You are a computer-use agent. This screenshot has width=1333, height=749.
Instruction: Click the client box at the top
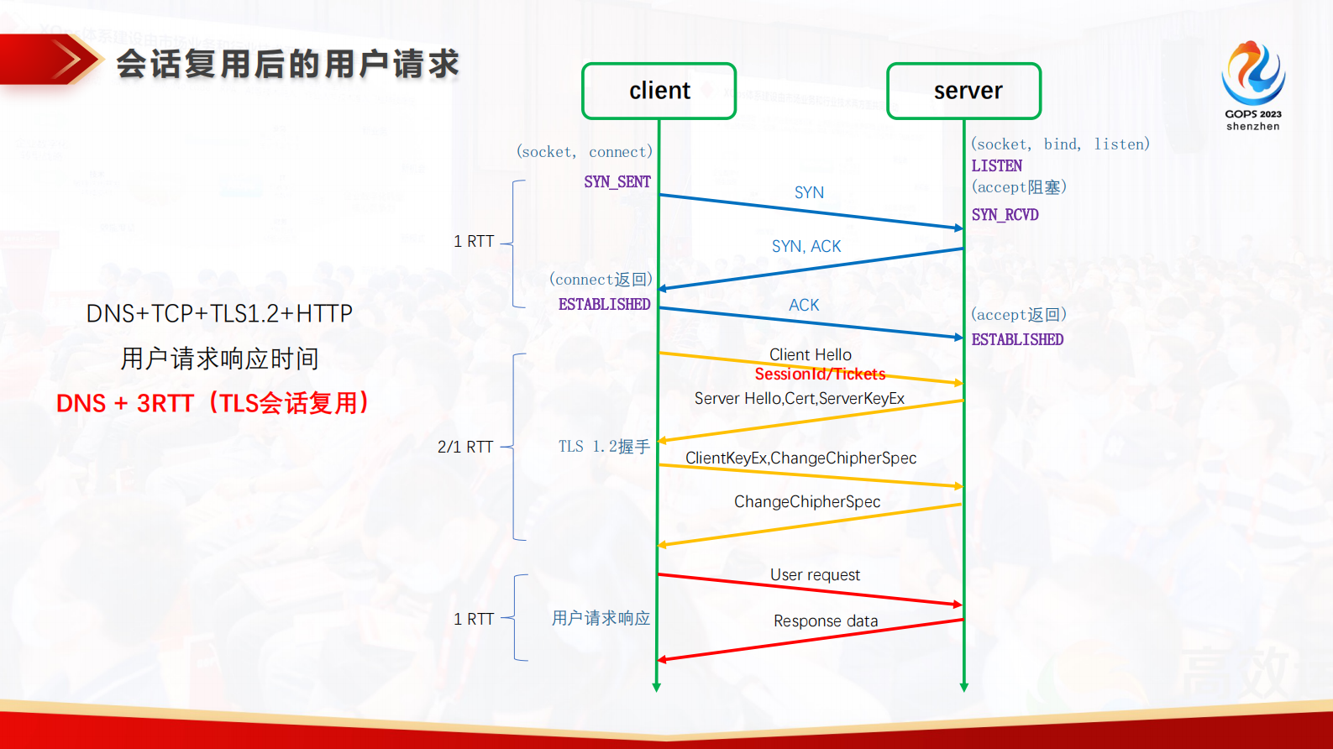click(659, 91)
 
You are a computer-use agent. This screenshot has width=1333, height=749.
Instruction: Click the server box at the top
click(964, 91)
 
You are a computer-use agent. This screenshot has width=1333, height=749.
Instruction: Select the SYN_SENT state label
click(617, 182)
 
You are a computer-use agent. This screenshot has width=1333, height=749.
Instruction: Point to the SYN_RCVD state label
click(1005, 215)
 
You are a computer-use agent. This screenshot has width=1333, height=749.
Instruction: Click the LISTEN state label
click(996, 166)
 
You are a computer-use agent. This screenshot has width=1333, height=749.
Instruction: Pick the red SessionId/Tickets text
click(820, 374)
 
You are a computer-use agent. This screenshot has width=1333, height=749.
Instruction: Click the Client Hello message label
click(811, 354)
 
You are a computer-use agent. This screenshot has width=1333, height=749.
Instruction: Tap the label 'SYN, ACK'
click(806, 246)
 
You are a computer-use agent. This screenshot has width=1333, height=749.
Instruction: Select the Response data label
click(826, 621)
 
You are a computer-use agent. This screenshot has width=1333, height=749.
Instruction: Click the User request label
click(815, 575)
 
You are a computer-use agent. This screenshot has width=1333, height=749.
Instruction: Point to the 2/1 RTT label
click(465, 447)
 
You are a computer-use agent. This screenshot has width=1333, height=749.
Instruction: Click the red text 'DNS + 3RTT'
click(126, 404)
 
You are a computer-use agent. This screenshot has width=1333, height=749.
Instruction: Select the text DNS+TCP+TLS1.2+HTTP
click(219, 314)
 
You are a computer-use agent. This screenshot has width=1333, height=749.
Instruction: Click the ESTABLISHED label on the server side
click(1017, 340)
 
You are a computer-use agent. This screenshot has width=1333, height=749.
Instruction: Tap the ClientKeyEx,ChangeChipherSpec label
click(800, 458)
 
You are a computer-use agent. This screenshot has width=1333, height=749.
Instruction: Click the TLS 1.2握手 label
click(604, 447)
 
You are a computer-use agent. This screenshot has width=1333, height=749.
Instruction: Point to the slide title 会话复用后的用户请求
click(287, 65)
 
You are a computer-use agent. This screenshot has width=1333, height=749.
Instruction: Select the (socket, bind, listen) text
click(1060, 144)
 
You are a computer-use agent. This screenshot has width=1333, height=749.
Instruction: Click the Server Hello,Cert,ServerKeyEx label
click(799, 399)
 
